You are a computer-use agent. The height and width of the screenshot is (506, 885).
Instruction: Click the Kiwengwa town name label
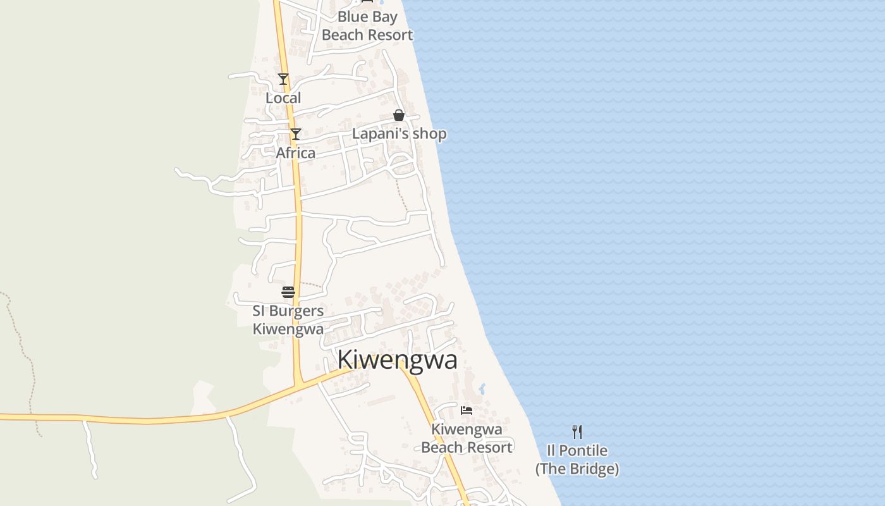[x=397, y=360]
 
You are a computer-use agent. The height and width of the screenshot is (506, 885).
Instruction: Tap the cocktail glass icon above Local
[x=283, y=79]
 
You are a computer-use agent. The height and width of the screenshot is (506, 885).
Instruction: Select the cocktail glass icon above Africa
[x=295, y=134]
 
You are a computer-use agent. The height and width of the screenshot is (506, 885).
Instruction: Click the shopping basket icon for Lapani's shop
[x=399, y=115]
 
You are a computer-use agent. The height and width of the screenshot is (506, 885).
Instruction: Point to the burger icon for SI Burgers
[x=288, y=292]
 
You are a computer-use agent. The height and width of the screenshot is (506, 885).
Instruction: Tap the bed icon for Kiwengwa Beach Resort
[x=467, y=410]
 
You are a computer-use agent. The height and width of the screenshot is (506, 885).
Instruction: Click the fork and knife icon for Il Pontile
[x=577, y=432]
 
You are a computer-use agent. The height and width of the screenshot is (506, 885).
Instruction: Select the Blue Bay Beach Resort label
[x=367, y=26]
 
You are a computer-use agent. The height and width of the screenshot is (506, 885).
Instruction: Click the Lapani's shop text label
[x=399, y=134]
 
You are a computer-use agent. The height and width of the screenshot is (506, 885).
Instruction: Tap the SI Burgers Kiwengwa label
[x=288, y=320]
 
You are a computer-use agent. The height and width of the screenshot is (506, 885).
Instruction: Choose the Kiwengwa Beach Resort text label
[x=467, y=438]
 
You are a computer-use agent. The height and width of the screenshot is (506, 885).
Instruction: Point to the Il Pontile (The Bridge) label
[x=577, y=460]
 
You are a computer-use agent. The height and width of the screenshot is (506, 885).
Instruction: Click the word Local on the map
[x=283, y=98]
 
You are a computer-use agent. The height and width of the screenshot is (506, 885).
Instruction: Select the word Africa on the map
[x=295, y=153]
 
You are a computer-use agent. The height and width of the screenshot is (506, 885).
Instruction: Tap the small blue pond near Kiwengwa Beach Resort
[x=482, y=388]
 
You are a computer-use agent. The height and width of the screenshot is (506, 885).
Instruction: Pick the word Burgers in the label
[x=296, y=311]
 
